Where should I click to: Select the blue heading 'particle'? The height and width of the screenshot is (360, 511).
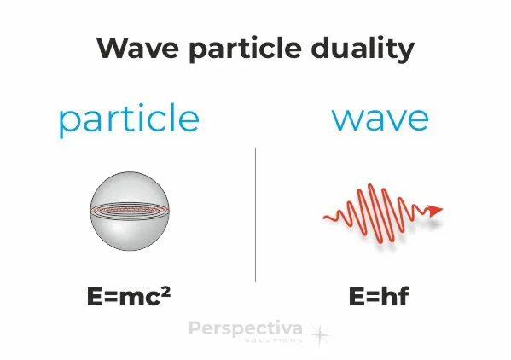point(128,119)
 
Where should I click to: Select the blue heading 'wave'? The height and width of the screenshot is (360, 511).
point(380,118)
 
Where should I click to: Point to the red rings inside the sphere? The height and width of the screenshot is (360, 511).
point(129,209)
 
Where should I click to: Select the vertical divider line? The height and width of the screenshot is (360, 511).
point(255,213)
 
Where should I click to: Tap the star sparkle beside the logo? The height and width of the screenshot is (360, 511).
point(321,334)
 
